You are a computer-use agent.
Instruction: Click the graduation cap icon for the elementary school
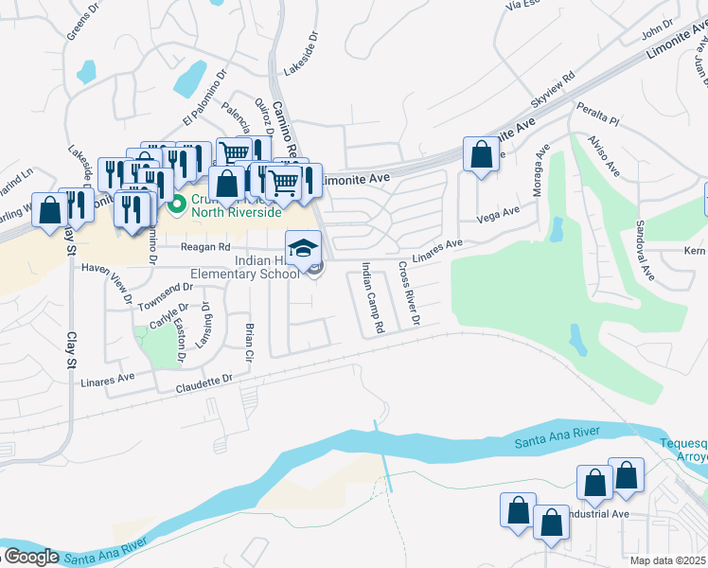[303, 248]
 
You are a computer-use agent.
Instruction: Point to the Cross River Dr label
[409, 293]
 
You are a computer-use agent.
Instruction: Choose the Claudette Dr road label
[204, 380]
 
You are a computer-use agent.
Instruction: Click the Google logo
[30, 556]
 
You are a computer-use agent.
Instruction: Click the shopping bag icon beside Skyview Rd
[481, 154]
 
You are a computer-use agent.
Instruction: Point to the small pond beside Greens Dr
[87, 71]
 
